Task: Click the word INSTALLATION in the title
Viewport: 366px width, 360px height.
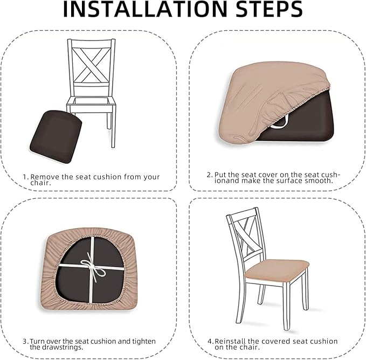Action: [x=145, y=9]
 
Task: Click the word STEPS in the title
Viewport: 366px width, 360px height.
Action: [x=268, y=9]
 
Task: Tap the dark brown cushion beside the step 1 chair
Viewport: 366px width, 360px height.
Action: [x=56, y=137]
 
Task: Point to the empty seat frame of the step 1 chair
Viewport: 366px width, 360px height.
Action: [x=91, y=102]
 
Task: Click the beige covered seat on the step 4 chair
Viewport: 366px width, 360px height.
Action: [x=278, y=271]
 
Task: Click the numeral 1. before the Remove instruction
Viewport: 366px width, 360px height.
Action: [x=25, y=177]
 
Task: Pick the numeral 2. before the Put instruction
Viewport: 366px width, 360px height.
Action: [x=210, y=175]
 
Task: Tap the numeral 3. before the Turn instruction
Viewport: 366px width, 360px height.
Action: [x=26, y=341]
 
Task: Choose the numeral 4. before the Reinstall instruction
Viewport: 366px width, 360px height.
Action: [x=211, y=341]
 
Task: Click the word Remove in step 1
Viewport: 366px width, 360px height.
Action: [x=45, y=177]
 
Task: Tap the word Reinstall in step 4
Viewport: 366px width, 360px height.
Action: [x=230, y=341]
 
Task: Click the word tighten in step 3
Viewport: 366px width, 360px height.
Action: [x=144, y=342]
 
